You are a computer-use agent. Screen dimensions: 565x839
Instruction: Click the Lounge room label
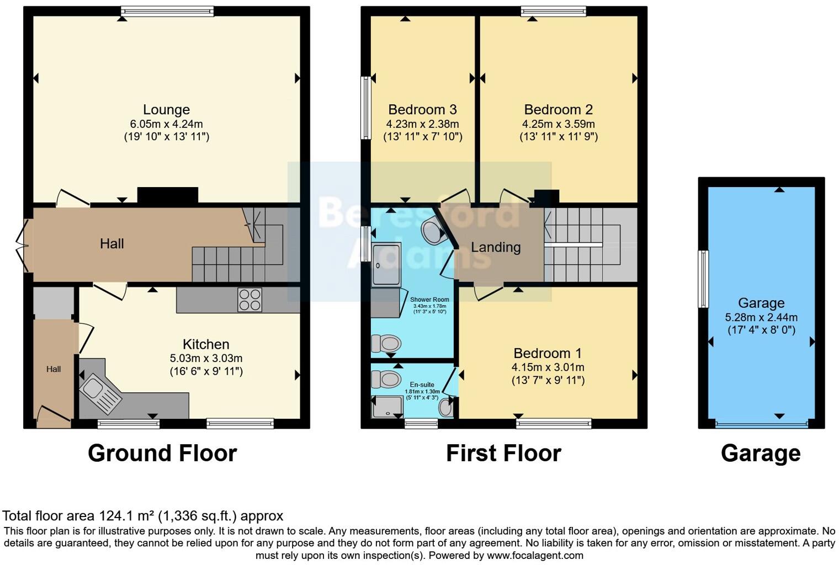(x=166, y=110)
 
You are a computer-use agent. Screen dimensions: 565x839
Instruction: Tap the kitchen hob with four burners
(x=249, y=300)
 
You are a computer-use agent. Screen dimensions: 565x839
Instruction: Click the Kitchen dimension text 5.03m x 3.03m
(x=206, y=358)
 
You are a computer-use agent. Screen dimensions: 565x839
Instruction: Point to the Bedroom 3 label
(x=422, y=110)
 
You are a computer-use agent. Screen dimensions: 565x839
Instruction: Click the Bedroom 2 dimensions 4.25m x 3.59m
(x=558, y=124)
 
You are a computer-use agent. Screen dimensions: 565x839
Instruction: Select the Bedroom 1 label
(x=547, y=353)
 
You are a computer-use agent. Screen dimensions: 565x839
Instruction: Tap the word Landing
(x=495, y=247)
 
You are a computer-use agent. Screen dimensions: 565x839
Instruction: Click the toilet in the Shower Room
(x=385, y=344)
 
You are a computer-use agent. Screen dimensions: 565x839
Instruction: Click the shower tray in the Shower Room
(x=385, y=265)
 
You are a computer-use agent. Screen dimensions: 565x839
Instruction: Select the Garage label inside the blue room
(x=761, y=303)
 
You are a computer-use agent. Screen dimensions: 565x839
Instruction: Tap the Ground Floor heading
(x=162, y=453)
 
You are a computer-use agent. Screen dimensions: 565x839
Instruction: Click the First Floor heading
(x=503, y=453)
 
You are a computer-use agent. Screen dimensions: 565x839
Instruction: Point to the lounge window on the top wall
(x=167, y=10)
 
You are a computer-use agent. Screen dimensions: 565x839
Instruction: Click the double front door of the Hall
(x=23, y=246)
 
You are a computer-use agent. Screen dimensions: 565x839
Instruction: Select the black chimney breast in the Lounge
(x=167, y=195)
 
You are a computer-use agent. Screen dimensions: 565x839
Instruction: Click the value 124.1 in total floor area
(x=116, y=516)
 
